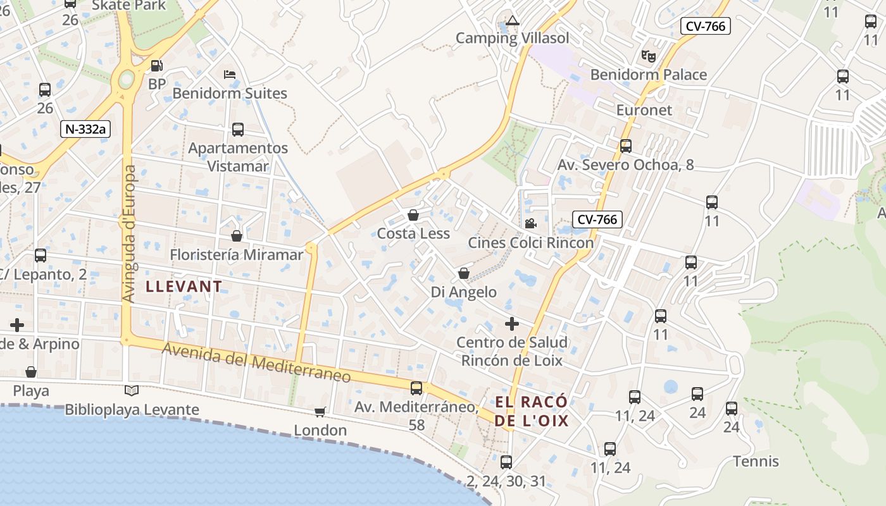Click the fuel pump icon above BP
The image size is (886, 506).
coord(156,65)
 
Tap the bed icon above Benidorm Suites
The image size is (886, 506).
coord(230,75)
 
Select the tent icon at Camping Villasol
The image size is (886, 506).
coord(513,20)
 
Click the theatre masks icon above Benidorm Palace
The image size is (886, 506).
coord(648,56)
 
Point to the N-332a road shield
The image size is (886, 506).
coord(85,130)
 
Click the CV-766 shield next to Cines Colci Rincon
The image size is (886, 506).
coord(597,219)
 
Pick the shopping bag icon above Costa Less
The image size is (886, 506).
coord(413,215)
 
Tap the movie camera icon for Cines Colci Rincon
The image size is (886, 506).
coord(530,223)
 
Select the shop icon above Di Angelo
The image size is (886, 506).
coord(464,273)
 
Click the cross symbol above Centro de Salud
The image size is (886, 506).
coord(512,324)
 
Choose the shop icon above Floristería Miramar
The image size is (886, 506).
coord(237,236)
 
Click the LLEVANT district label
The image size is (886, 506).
coord(184,287)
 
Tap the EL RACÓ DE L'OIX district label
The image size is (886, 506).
coord(532,411)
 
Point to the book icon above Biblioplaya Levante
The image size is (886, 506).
coord(132,390)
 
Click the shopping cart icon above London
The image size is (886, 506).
coord(320,412)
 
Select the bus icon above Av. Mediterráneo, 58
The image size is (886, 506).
coord(416,388)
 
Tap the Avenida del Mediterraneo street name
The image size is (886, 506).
coord(256,362)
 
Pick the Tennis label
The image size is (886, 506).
coord(756,461)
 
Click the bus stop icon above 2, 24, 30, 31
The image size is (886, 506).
coord(506,462)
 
